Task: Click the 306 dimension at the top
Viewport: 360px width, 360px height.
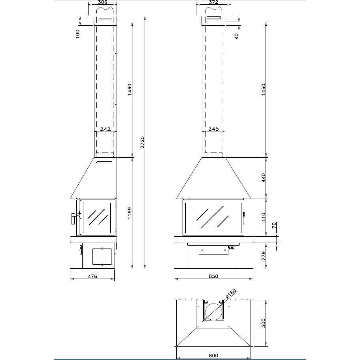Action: pyautogui.click(x=102, y=2)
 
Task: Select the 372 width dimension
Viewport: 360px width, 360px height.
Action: pyautogui.click(x=213, y=2)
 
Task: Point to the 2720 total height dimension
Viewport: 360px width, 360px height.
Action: pyautogui.click(x=143, y=142)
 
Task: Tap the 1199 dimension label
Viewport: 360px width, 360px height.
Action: pyautogui.click(x=130, y=213)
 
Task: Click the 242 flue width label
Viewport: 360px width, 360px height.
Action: pyautogui.click(x=106, y=129)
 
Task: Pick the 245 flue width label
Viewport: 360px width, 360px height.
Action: pyautogui.click(x=213, y=129)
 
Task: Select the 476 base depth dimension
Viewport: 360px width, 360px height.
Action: pyautogui.click(x=92, y=276)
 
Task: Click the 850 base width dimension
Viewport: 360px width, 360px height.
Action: pyautogui.click(x=213, y=276)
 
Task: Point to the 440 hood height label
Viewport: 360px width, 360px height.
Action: pyautogui.click(x=263, y=178)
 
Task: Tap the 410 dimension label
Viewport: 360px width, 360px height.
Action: pyautogui.click(x=263, y=217)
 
